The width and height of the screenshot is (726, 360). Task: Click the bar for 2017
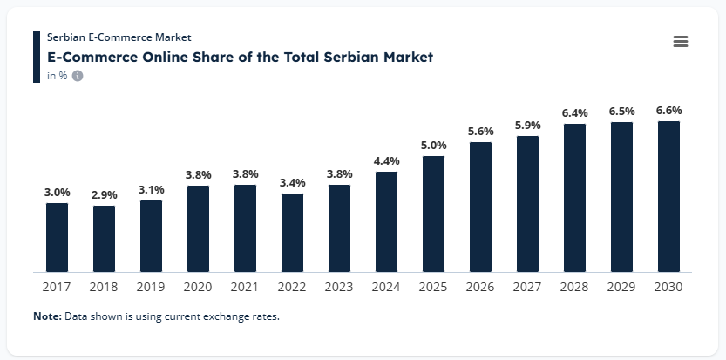(58, 237)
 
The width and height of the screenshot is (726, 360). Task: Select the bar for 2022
(293, 233)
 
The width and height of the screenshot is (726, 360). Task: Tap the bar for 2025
(433, 214)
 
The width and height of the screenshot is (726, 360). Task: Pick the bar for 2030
(668, 196)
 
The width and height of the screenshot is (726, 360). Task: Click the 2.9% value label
(105, 194)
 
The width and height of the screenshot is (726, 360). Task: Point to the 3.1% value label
(152, 189)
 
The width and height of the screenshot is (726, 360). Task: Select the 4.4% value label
(386, 160)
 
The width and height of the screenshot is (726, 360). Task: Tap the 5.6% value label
(480, 131)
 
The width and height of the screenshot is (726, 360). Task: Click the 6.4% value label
(574, 112)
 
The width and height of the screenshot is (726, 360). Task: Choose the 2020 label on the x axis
(199, 286)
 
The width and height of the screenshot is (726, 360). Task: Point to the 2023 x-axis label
(339, 286)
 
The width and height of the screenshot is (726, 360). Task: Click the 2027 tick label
(527, 286)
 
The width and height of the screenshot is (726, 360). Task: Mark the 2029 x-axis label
(621, 286)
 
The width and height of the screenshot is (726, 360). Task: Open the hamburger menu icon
(681, 42)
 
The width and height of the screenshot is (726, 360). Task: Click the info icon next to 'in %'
(78, 76)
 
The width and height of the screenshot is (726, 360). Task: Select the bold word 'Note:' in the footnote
(47, 316)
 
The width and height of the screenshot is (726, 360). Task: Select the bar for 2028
(574, 198)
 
